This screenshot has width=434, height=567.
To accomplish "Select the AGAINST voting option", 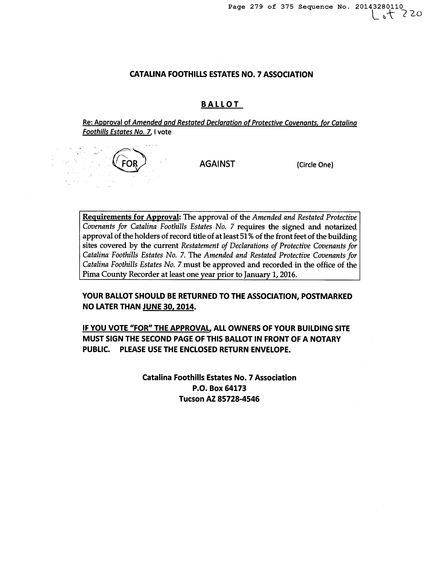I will (x=217, y=164).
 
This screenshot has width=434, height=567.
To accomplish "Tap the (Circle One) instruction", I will (x=315, y=165).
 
